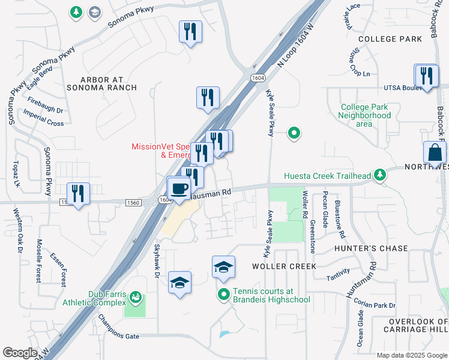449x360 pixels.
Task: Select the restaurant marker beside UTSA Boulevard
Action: coord(427,77)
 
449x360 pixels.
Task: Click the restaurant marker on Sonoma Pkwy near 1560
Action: coord(78,194)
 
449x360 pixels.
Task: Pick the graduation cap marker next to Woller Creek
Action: coord(223,268)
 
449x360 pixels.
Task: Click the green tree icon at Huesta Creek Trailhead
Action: coord(379,175)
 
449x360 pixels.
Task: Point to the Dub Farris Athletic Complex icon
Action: coord(136,297)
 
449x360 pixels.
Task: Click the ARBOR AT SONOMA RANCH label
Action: coord(109,83)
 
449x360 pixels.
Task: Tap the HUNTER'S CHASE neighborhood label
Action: coord(372,248)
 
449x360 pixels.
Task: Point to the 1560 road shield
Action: coord(134,203)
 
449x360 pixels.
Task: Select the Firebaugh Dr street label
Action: coord(45,106)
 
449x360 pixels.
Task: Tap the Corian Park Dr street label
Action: coord(375,305)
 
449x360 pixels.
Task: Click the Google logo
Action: coord(20,353)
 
